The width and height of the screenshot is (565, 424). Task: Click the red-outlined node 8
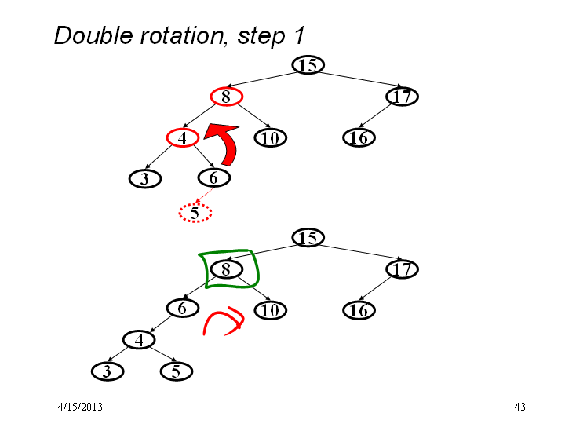tap(227, 97)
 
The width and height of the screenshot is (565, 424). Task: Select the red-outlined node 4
tap(183, 137)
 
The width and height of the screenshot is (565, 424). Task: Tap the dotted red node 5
tap(195, 213)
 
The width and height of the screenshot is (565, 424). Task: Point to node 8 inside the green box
tap(227, 269)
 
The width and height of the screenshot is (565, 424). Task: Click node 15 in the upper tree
tap(308, 65)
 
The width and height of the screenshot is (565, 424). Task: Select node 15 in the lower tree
tap(308, 238)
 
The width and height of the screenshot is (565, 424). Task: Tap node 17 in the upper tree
tap(402, 97)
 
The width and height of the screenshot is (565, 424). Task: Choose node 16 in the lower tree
tap(359, 310)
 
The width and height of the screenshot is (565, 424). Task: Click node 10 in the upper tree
tap(270, 137)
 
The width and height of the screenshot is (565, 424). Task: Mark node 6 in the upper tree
tap(214, 177)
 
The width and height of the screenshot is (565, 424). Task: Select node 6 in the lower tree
tap(183, 309)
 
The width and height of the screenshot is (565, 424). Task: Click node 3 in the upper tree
tap(145, 179)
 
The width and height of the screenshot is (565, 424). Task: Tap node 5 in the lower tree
tap(177, 371)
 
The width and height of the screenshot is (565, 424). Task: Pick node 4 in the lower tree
tap(139, 340)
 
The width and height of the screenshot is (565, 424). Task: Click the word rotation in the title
tap(184, 36)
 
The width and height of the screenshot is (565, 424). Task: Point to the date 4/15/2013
tap(80, 407)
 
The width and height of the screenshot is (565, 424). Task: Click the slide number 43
tap(519, 407)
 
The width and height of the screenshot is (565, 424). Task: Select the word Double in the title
tap(93, 35)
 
